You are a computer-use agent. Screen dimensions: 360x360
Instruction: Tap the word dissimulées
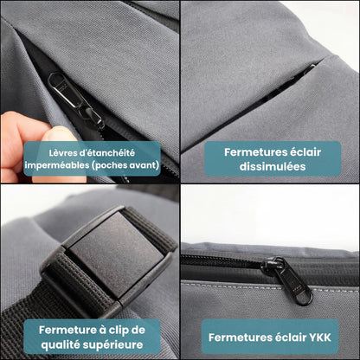(270, 166)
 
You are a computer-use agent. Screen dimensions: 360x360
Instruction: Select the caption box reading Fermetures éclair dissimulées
(270, 158)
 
